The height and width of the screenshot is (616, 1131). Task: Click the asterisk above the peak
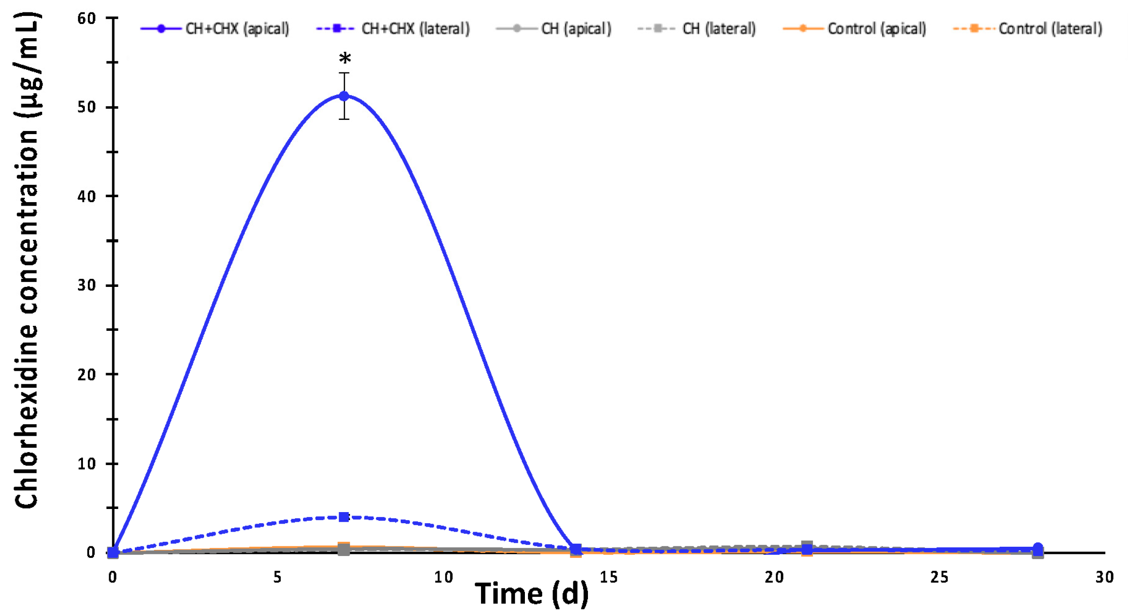point(345,58)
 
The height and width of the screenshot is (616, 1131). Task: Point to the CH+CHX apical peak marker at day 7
point(344,96)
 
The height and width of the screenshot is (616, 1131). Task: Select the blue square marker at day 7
point(343,517)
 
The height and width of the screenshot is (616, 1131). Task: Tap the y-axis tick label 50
point(87,107)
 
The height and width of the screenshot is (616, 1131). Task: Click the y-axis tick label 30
point(87,285)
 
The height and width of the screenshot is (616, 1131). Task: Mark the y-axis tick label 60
point(87,19)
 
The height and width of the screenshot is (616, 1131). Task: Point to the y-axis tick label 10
point(87,464)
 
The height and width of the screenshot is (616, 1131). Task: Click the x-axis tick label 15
point(608,577)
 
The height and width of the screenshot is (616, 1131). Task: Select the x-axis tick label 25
point(939,577)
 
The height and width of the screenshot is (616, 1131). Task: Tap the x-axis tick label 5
point(277,577)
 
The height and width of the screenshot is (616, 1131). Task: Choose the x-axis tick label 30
point(1104,577)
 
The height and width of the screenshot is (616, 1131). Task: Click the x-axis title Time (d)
point(531,594)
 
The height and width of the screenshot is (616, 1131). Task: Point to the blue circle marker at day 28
point(1037,548)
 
